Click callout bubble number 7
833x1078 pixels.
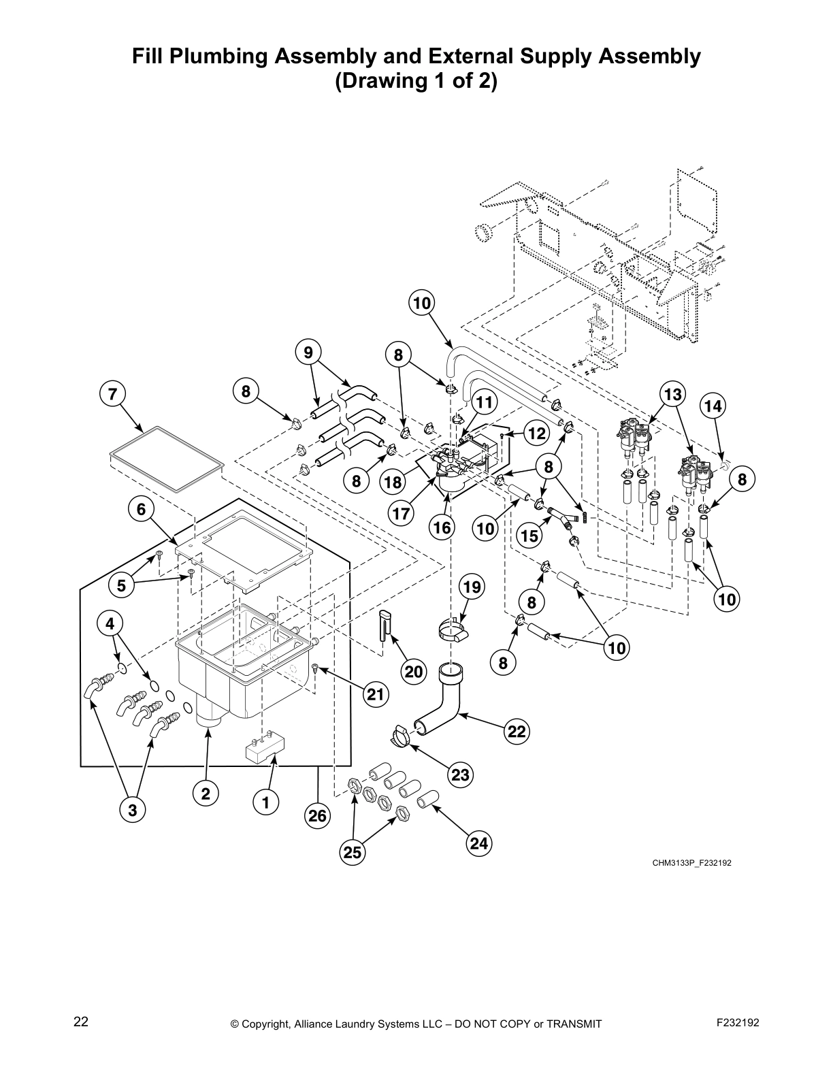(x=112, y=393)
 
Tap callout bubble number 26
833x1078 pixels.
(x=318, y=815)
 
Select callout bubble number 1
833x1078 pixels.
(x=266, y=803)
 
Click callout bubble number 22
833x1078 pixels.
(x=517, y=732)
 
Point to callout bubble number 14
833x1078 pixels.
(x=713, y=406)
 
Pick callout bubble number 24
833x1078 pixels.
(x=479, y=844)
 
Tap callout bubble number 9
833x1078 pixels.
(x=308, y=353)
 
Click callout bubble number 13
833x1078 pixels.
(x=672, y=394)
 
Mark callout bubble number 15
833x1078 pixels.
(x=529, y=536)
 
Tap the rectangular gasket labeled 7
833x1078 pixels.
(x=167, y=459)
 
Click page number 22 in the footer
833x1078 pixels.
(x=81, y=1022)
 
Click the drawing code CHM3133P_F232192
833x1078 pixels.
(x=691, y=863)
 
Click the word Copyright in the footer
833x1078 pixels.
(x=267, y=1024)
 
